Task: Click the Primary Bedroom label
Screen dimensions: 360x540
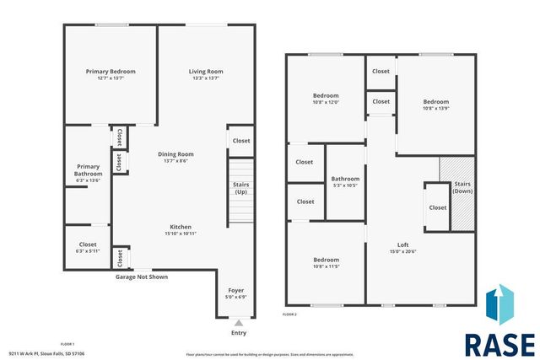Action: (111, 72)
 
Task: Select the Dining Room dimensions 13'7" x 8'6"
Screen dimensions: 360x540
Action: (175, 162)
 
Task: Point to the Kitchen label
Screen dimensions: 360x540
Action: (181, 227)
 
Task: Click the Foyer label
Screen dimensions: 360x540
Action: (235, 290)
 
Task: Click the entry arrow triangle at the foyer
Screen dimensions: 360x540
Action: (238, 322)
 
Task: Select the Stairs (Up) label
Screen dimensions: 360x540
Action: (240, 189)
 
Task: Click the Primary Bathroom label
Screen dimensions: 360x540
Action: (89, 169)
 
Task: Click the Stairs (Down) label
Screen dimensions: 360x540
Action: (462, 187)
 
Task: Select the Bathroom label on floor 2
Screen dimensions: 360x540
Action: (345, 179)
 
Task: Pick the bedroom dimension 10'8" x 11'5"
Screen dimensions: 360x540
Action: (327, 267)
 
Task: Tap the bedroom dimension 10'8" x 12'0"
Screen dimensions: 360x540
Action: (327, 103)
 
